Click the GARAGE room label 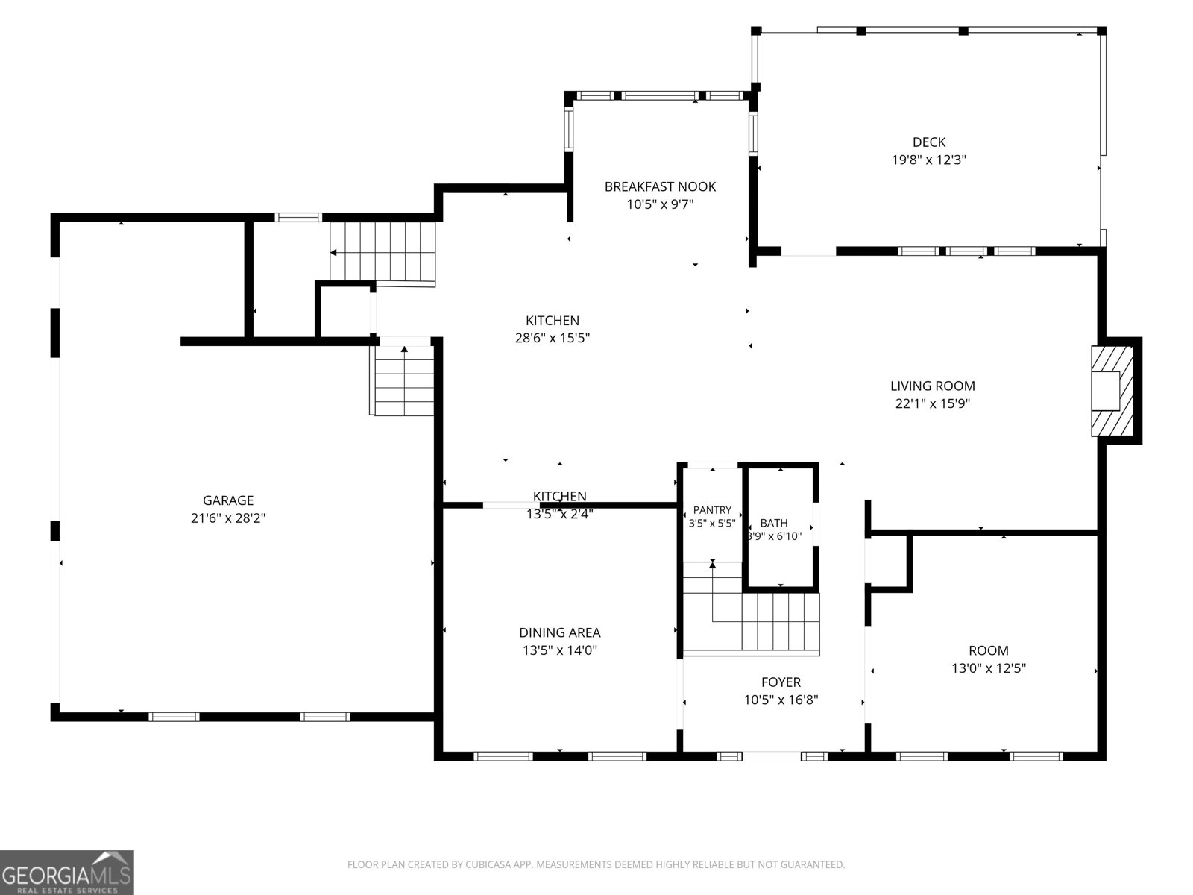[x=228, y=500]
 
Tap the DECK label [x=929, y=142]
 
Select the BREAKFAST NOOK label [x=660, y=187]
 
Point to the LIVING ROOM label [x=933, y=386]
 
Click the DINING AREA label [x=560, y=632]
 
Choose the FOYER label [x=781, y=682]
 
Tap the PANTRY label [x=712, y=510]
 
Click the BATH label [x=774, y=523]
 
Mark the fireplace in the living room [x=1112, y=391]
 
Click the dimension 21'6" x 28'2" [x=228, y=518]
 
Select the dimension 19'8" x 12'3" [x=929, y=160]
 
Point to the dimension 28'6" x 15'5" [x=553, y=338]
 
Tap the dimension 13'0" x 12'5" [x=989, y=668]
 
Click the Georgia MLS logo [x=67, y=872]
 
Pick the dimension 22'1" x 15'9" [x=933, y=403]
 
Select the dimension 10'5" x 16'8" [x=781, y=700]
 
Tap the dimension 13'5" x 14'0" [x=560, y=650]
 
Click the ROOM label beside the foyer [x=989, y=650]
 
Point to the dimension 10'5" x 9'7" [x=660, y=204]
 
